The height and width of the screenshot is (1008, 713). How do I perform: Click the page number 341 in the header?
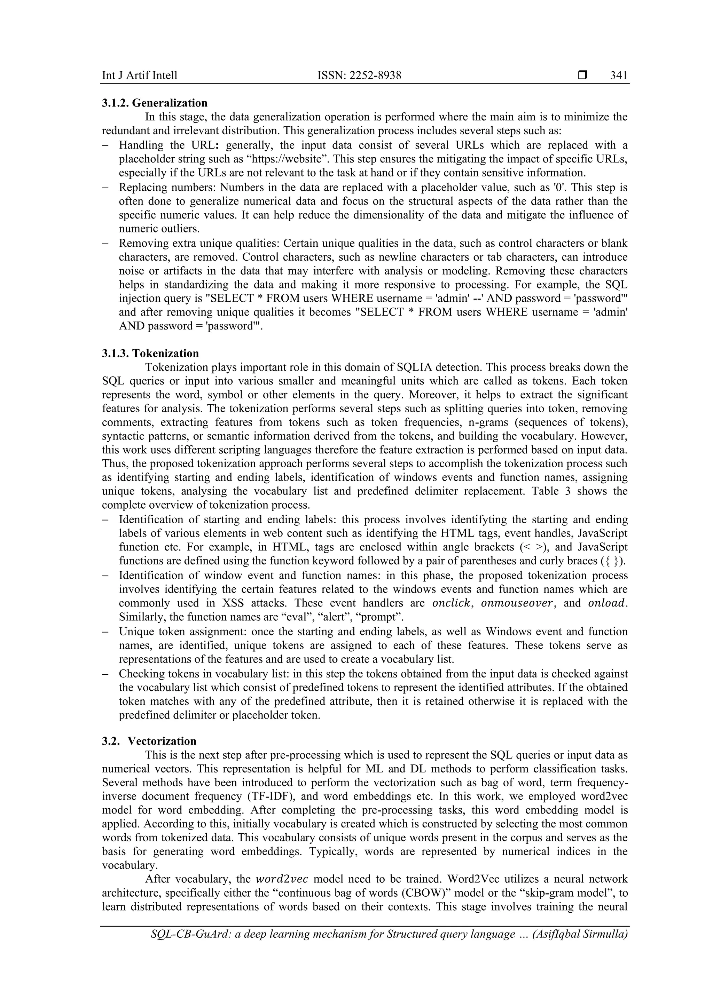(619, 76)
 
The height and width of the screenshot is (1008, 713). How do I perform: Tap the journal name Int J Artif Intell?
(140, 76)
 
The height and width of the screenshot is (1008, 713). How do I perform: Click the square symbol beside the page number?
(582, 76)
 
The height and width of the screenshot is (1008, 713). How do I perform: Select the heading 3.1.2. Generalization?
(155, 103)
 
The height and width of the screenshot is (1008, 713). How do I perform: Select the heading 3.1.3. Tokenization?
(150, 354)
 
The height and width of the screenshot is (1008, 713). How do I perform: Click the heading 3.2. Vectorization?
(149, 741)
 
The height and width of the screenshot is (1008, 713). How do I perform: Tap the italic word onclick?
(451, 603)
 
